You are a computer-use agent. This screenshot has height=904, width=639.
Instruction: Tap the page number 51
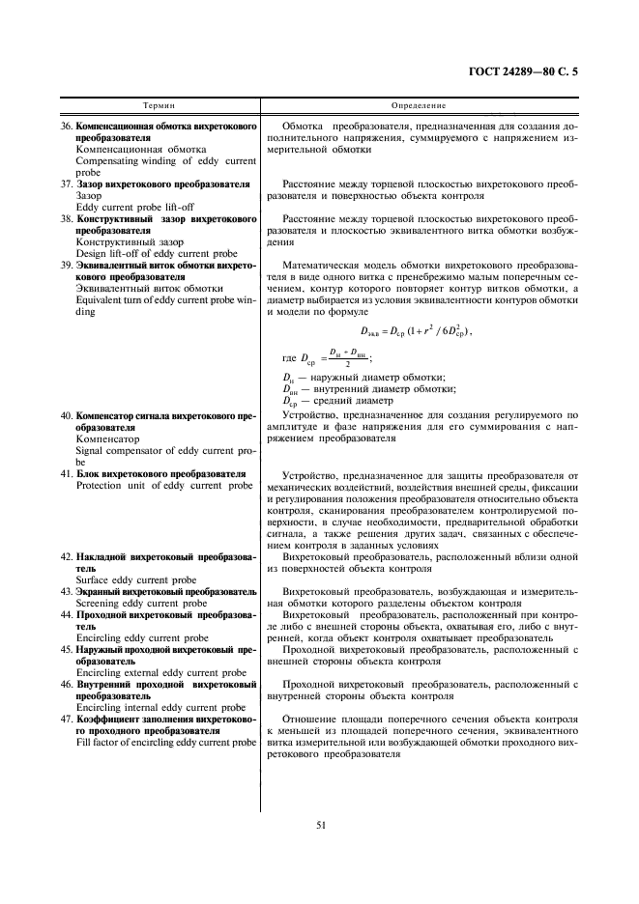320,824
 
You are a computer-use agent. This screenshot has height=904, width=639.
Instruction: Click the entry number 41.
66,473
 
